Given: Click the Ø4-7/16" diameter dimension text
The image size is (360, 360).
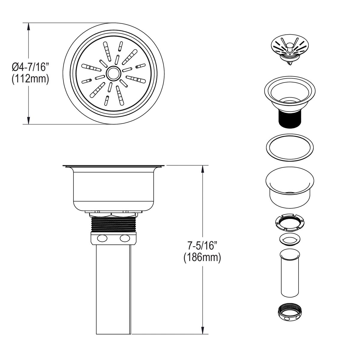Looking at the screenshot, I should point(30,67).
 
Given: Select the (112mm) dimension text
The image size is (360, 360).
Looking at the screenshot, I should point(30,79).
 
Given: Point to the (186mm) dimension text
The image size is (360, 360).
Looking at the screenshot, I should point(202,258).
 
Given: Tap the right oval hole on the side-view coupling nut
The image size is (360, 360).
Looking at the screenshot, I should point(124,239).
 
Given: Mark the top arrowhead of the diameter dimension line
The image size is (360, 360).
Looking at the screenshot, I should point(28,26).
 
